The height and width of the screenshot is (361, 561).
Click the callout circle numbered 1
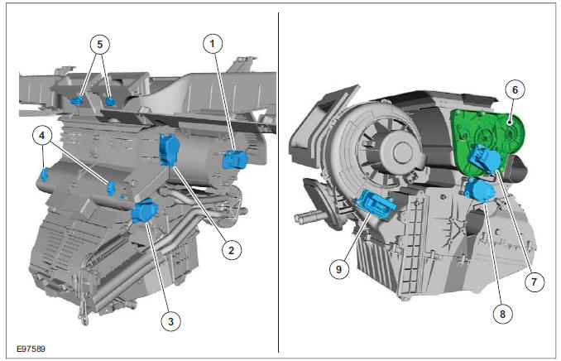[x=213, y=42]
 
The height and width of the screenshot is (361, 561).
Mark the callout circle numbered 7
[x=533, y=282]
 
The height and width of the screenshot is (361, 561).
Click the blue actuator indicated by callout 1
[x=235, y=159]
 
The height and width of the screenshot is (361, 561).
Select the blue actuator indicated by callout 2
[x=168, y=149]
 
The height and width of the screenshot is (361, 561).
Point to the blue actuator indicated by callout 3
[x=145, y=211]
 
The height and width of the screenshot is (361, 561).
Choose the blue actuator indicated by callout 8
[x=478, y=190]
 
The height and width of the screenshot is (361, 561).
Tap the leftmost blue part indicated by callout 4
[x=44, y=175]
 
